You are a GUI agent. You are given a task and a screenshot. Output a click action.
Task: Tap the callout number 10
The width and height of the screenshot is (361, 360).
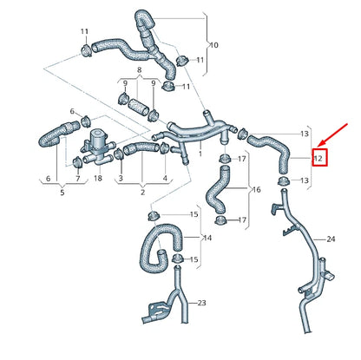pyautogui.click(x=214, y=43)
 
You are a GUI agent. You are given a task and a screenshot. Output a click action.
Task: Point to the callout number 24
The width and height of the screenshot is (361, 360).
pyautogui.click(x=330, y=239)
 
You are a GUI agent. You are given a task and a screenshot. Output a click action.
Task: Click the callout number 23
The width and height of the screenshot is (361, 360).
pyautogui.click(x=201, y=303)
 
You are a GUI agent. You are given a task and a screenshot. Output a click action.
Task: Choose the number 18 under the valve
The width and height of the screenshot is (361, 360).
pyautogui.click(x=97, y=178)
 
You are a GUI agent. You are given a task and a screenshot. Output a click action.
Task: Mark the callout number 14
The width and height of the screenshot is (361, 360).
pyautogui.click(x=207, y=238)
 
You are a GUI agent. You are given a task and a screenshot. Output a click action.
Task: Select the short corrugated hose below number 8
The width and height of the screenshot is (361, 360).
pyautogui.click(x=139, y=110)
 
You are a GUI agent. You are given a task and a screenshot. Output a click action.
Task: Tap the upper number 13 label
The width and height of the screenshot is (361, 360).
pyautogui.click(x=304, y=134)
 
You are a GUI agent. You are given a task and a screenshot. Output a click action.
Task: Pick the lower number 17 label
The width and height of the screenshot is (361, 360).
pyautogui.click(x=243, y=220)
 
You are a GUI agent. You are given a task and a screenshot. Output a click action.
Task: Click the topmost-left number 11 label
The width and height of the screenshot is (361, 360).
pyautogui.click(x=84, y=32)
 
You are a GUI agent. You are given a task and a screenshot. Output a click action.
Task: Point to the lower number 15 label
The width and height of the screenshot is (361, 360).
pyautogui.click(x=194, y=259)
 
